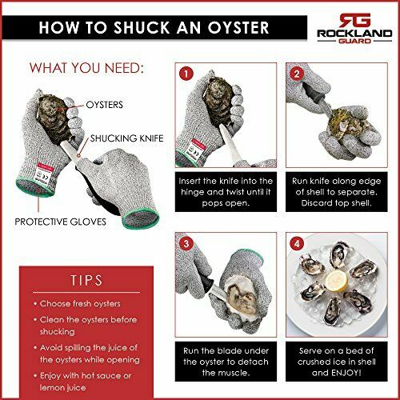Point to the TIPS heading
pyautogui.click(x=79, y=281)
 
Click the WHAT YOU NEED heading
pyautogui.click(x=75, y=68)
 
